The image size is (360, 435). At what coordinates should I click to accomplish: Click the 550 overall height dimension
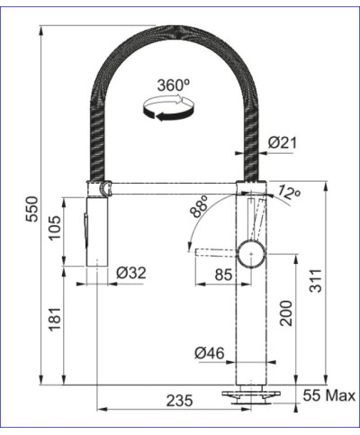click(32, 206)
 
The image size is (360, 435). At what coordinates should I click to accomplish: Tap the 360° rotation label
click(173, 86)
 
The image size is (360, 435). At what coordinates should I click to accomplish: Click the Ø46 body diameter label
click(210, 354)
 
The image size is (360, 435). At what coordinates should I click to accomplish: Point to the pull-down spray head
click(96, 230)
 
